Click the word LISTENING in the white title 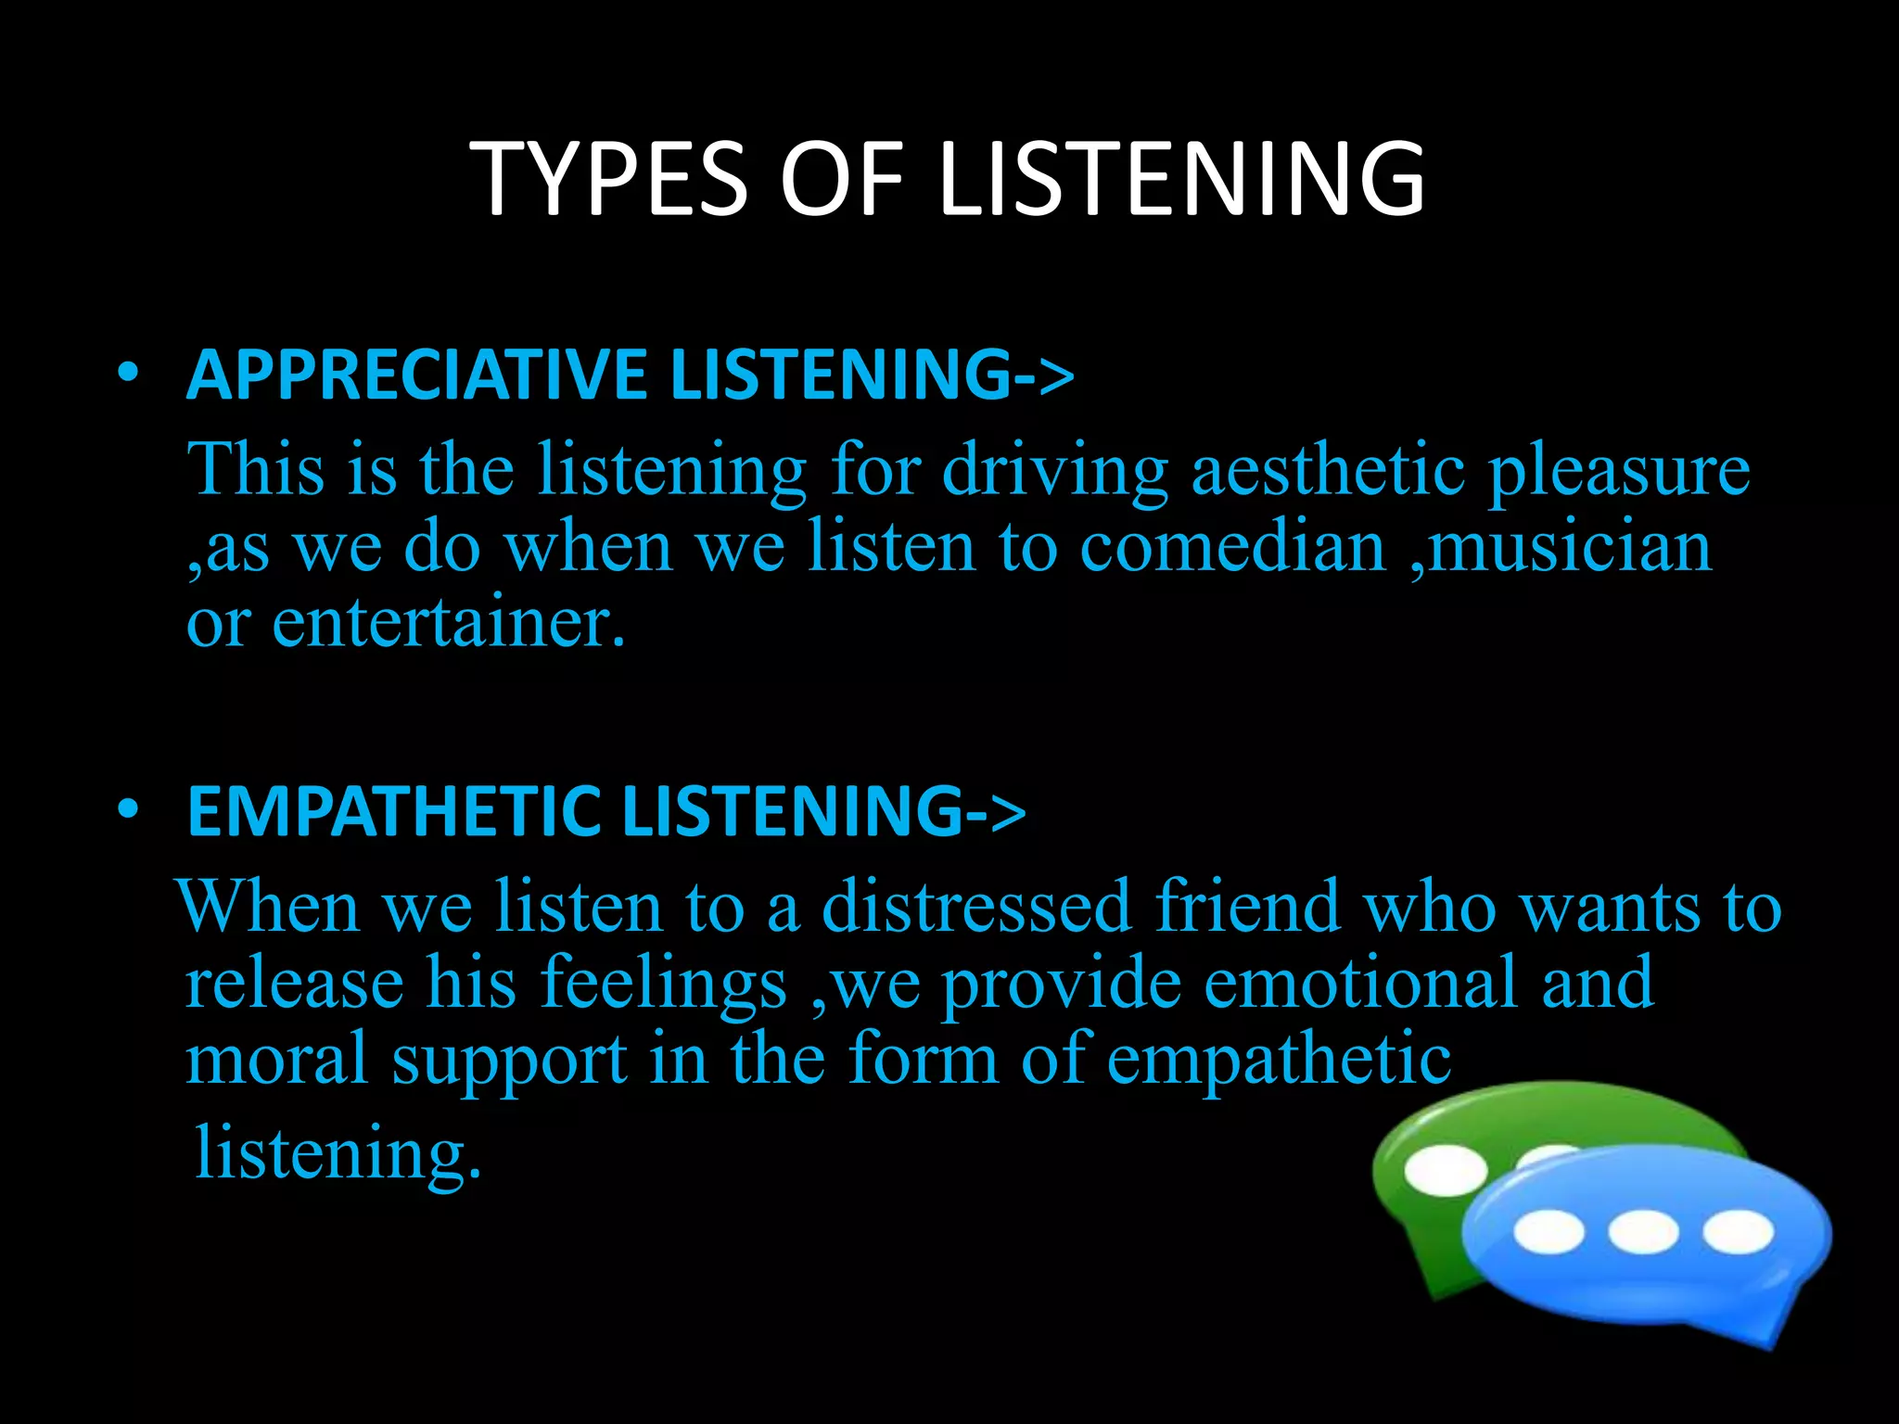(x=1182, y=178)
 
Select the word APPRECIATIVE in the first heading (x=415, y=375)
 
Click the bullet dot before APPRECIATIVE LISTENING (x=129, y=374)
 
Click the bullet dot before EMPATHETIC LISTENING (x=129, y=810)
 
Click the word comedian (x=1232, y=546)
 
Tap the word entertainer (x=448, y=622)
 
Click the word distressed (x=976, y=906)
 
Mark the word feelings (x=663, y=984)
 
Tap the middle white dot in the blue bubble (x=1642, y=1232)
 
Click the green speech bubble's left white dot (x=1445, y=1169)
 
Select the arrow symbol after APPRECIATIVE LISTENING (x=1044, y=376)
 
